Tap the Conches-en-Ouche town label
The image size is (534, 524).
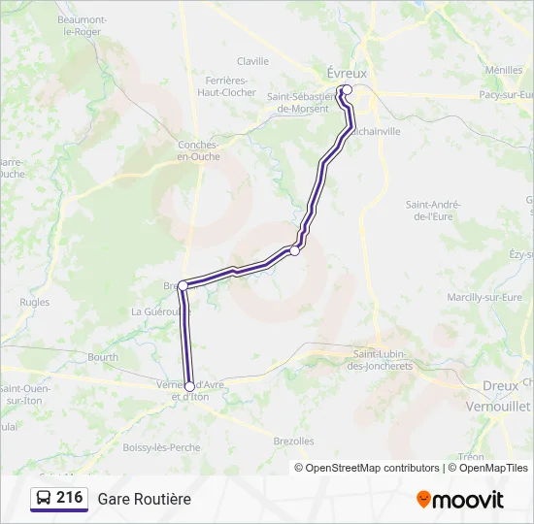tap(198, 150)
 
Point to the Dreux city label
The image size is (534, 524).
tap(500, 385)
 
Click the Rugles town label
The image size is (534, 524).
tap(34, 303)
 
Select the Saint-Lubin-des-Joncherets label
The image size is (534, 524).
tap(383, 360)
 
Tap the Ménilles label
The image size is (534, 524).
tap(503, 70)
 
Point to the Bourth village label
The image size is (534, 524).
tap(102, 357)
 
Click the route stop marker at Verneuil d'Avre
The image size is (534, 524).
tap(189, 386)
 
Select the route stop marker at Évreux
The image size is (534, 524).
tap(347, 89)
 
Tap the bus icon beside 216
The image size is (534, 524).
tap(44, 499)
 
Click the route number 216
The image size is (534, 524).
tap(69, 498)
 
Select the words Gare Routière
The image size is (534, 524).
tap(144, 499)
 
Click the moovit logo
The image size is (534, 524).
tap(460, 499)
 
